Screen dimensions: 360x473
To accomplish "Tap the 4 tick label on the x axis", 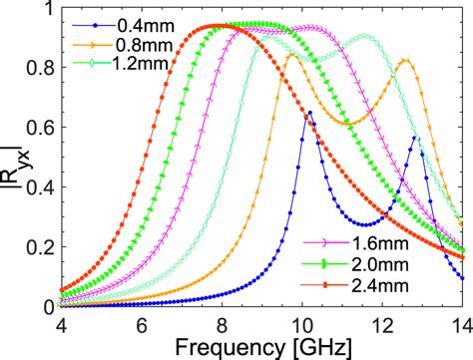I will pyautogui.click(x=63, y=323).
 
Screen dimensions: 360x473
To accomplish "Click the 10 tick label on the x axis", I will pyautogui.click(x=302, y=323).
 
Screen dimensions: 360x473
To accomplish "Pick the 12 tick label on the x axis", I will pyautogui.click(x=382, y=323).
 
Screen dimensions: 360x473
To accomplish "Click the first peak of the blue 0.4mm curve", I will pyautogui.click(x=310, y=113).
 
